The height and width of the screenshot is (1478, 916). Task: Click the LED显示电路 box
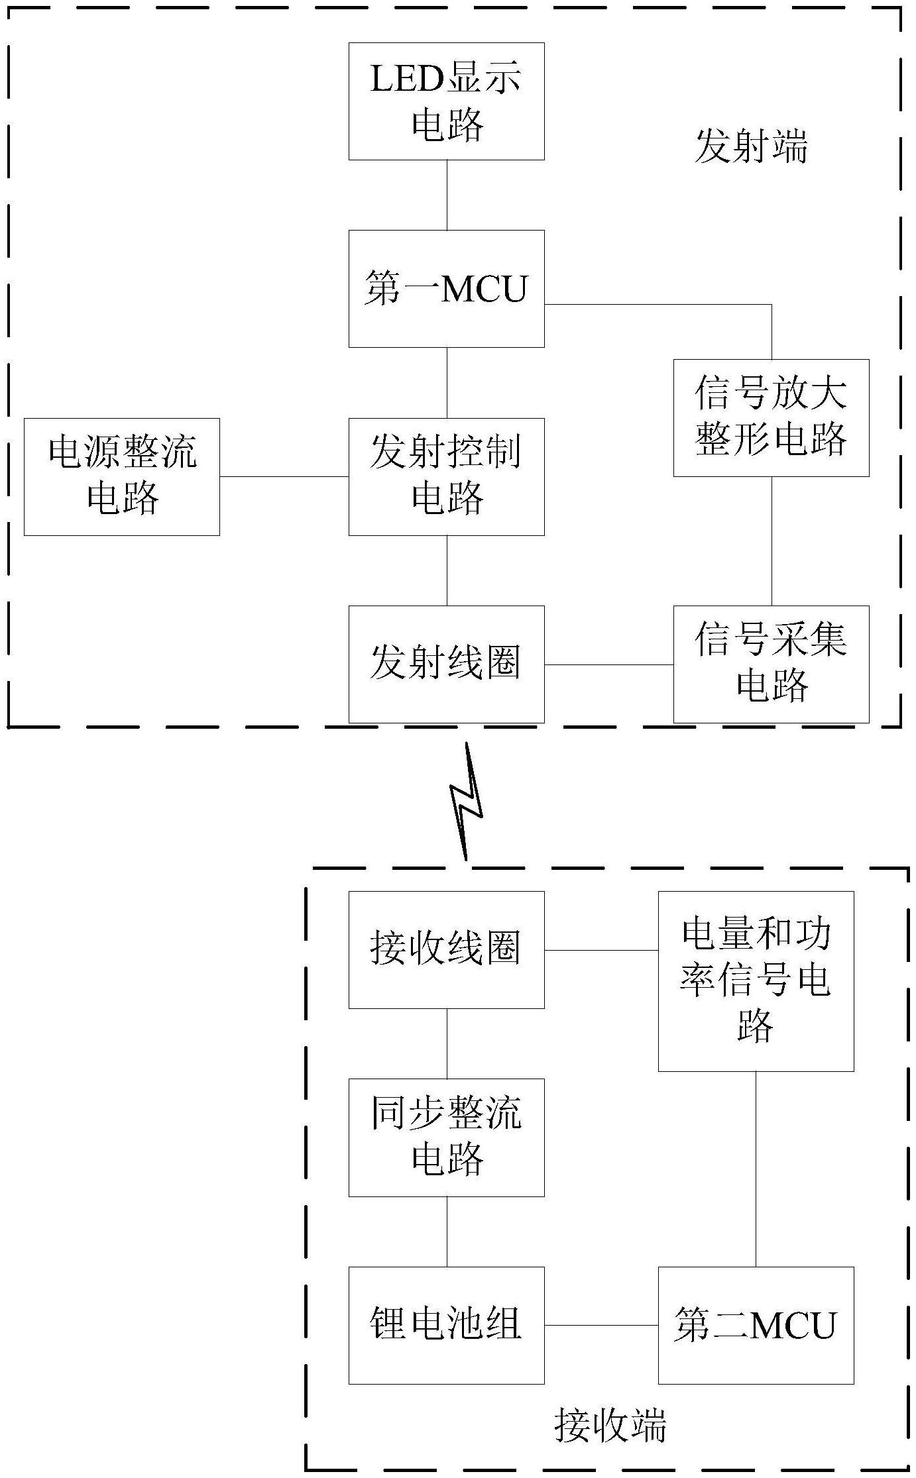tap(446, 101)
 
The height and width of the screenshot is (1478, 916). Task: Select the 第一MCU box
tap(446, 289)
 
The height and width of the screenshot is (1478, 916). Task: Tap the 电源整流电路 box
tap(122, 476)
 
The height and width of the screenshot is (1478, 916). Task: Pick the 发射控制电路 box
tap(446, 476)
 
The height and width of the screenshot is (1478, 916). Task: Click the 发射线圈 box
tap(446, 664)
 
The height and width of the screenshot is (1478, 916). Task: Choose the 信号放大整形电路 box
tap(771, 417)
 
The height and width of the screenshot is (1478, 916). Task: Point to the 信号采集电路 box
tap(771, 664)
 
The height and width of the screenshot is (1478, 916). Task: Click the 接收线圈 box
tap(446, 949)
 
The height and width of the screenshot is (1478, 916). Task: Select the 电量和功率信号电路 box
tap(756, 980)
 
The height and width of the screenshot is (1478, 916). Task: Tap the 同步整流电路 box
tap(446, 1137)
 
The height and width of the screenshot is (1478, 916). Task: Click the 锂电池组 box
tap(446, 1325)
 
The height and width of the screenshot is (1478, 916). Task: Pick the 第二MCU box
tap(756, 1325)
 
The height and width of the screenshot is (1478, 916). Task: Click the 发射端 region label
tap(751, 146)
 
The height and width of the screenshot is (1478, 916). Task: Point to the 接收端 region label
tap(610, 1426)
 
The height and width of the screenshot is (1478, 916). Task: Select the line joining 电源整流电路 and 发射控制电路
tap(284, 476)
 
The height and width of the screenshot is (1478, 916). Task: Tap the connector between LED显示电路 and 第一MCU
tap(446, 195)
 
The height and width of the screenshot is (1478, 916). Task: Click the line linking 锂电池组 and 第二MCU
tap(601, 1325)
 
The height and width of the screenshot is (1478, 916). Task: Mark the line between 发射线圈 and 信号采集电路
tap(608, 664)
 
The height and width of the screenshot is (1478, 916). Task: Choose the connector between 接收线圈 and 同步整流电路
tap(446, 1043)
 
